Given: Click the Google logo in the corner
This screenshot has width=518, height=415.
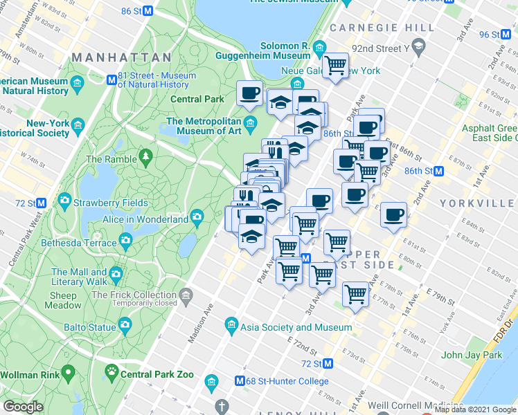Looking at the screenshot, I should pos(23,407).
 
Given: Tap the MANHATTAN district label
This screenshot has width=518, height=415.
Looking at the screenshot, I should pos(121,57).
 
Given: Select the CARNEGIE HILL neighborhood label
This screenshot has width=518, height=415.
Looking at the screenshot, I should pos(382,28).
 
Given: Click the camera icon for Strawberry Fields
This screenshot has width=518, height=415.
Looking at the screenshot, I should pos(64,202).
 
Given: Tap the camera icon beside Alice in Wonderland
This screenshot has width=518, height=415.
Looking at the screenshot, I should pos(197,219).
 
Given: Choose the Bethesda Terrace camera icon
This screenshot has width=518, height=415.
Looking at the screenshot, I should pos(125,240).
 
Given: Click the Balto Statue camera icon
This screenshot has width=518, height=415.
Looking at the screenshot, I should pos(125,324).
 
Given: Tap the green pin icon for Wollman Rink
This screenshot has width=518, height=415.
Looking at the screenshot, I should pos(68,374).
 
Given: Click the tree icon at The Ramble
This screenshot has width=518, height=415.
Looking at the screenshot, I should pos(146,159).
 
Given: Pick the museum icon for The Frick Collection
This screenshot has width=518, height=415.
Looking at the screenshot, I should pos(186,297).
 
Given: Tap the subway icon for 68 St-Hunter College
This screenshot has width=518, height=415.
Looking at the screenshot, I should pos(240,381).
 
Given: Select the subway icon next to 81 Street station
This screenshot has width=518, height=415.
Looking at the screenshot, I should pos(110,80).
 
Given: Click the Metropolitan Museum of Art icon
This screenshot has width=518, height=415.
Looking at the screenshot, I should pos(250,124).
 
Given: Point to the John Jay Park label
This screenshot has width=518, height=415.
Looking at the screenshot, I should pos(471,356).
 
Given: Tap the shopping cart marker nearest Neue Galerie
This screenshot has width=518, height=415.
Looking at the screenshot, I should pos(336,66).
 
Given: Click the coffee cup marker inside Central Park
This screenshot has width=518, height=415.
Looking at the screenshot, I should pos(249,93).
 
